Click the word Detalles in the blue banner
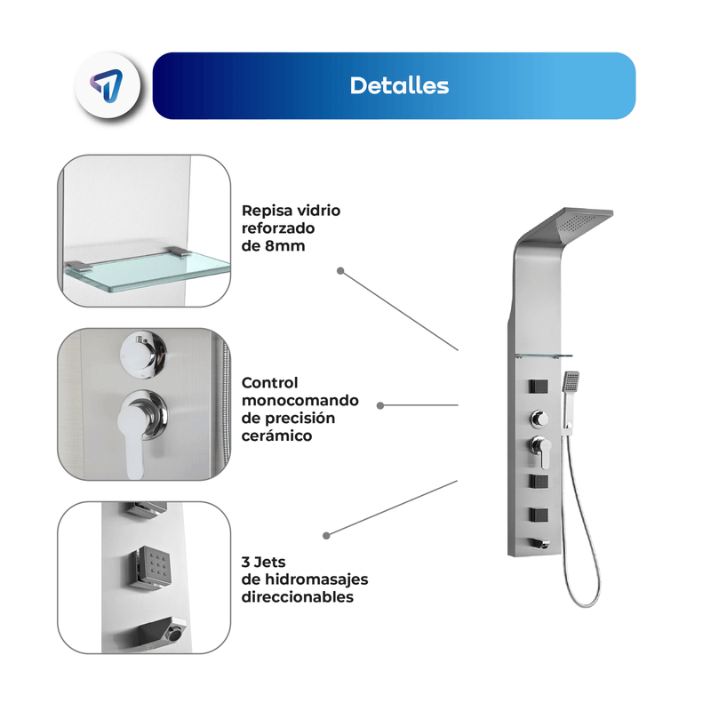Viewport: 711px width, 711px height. click(x=399, y=85)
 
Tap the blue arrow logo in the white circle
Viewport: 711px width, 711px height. click(x=107, y=85)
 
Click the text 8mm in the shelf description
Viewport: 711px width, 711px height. click(x=285, y=246)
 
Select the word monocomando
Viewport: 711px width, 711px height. click(x=300, y=401)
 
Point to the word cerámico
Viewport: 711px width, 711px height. click(x=276, y=435)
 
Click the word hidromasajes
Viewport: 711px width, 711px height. click(x=316, y=579)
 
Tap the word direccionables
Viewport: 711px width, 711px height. click(x=297, y=597)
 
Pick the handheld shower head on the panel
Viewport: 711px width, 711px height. click(x=571, y=382)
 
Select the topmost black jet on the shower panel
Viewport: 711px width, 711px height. click(x=539, y=387)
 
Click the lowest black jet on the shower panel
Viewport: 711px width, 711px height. click(x=539, y=515)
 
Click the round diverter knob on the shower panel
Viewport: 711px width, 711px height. click(x=539, y=419)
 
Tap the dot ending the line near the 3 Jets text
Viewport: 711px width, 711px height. click(x=326, y=536)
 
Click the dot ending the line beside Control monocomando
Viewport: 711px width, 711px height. click(x=380, y=405)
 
